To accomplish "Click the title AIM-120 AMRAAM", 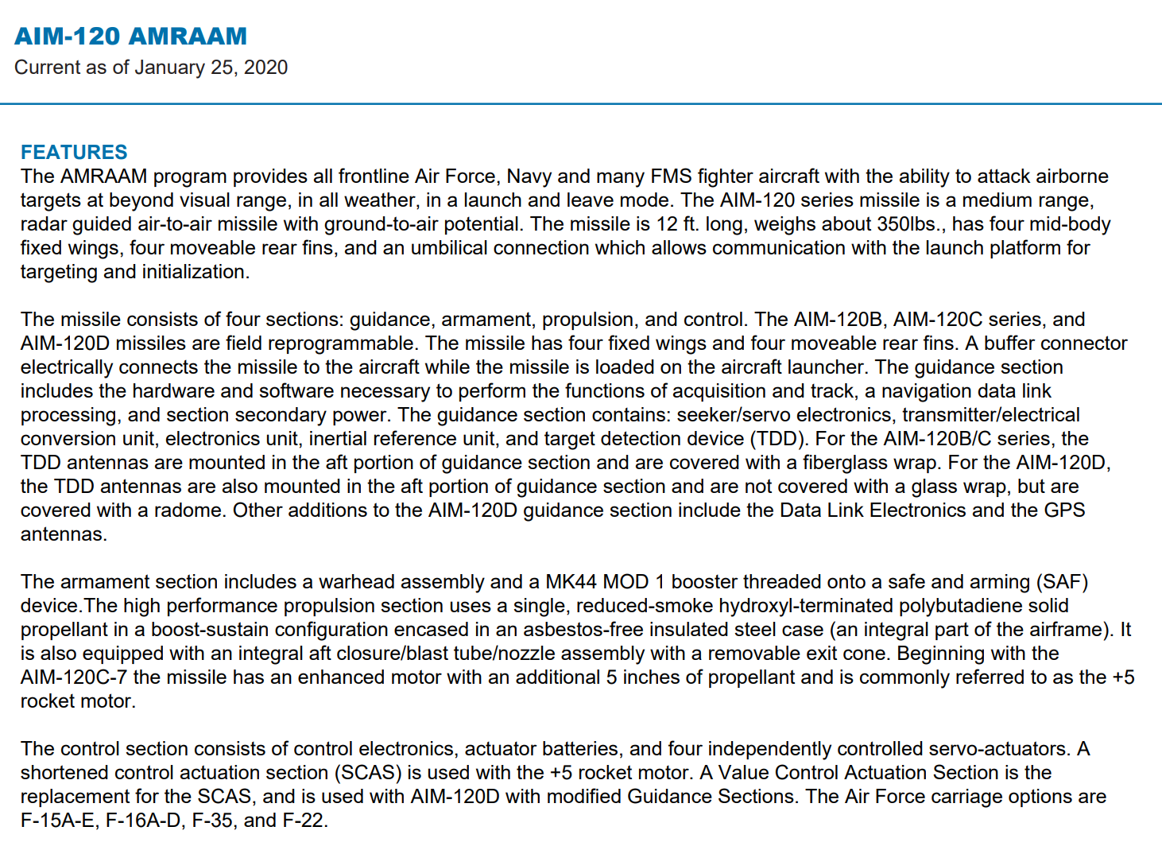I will pyautogui.click(x=130, y=37).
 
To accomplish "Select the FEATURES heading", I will pyautogui.click(x=74, y=152).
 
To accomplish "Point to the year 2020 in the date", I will pyautogui.click(x=265, y=68).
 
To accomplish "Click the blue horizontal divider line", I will pyautogui.click(x=581, y=103).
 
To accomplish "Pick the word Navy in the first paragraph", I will pyautogui.click(x=529, y=177).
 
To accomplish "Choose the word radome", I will pyautogui.click(x=188, y=510).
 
